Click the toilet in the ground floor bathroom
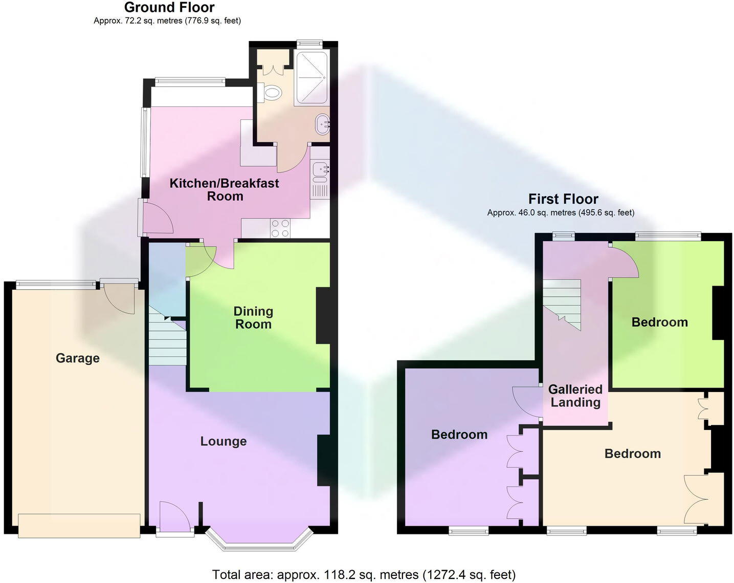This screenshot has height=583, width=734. coord(273,93)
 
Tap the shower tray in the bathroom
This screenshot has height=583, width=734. coord(312,78)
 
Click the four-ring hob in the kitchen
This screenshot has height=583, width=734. coord(280,228)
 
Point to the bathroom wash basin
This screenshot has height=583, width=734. coord(322,124)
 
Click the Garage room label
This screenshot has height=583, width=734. coord(78,358)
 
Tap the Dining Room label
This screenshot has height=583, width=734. coord(253,318)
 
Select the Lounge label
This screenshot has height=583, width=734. coord(224,441)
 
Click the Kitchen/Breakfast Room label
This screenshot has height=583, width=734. coord(225,190)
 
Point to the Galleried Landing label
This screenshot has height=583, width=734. coord(575,396)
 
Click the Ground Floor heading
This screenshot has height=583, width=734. coord(169,8)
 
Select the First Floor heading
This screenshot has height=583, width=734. coord(563,199)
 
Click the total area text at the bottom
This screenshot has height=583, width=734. coord(364,575)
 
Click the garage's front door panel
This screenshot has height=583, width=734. coord(79,526)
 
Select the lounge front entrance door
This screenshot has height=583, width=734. coord(174,517)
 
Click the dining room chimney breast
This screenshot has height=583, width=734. coord(323,316)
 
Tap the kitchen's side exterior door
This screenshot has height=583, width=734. coord(156,218)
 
